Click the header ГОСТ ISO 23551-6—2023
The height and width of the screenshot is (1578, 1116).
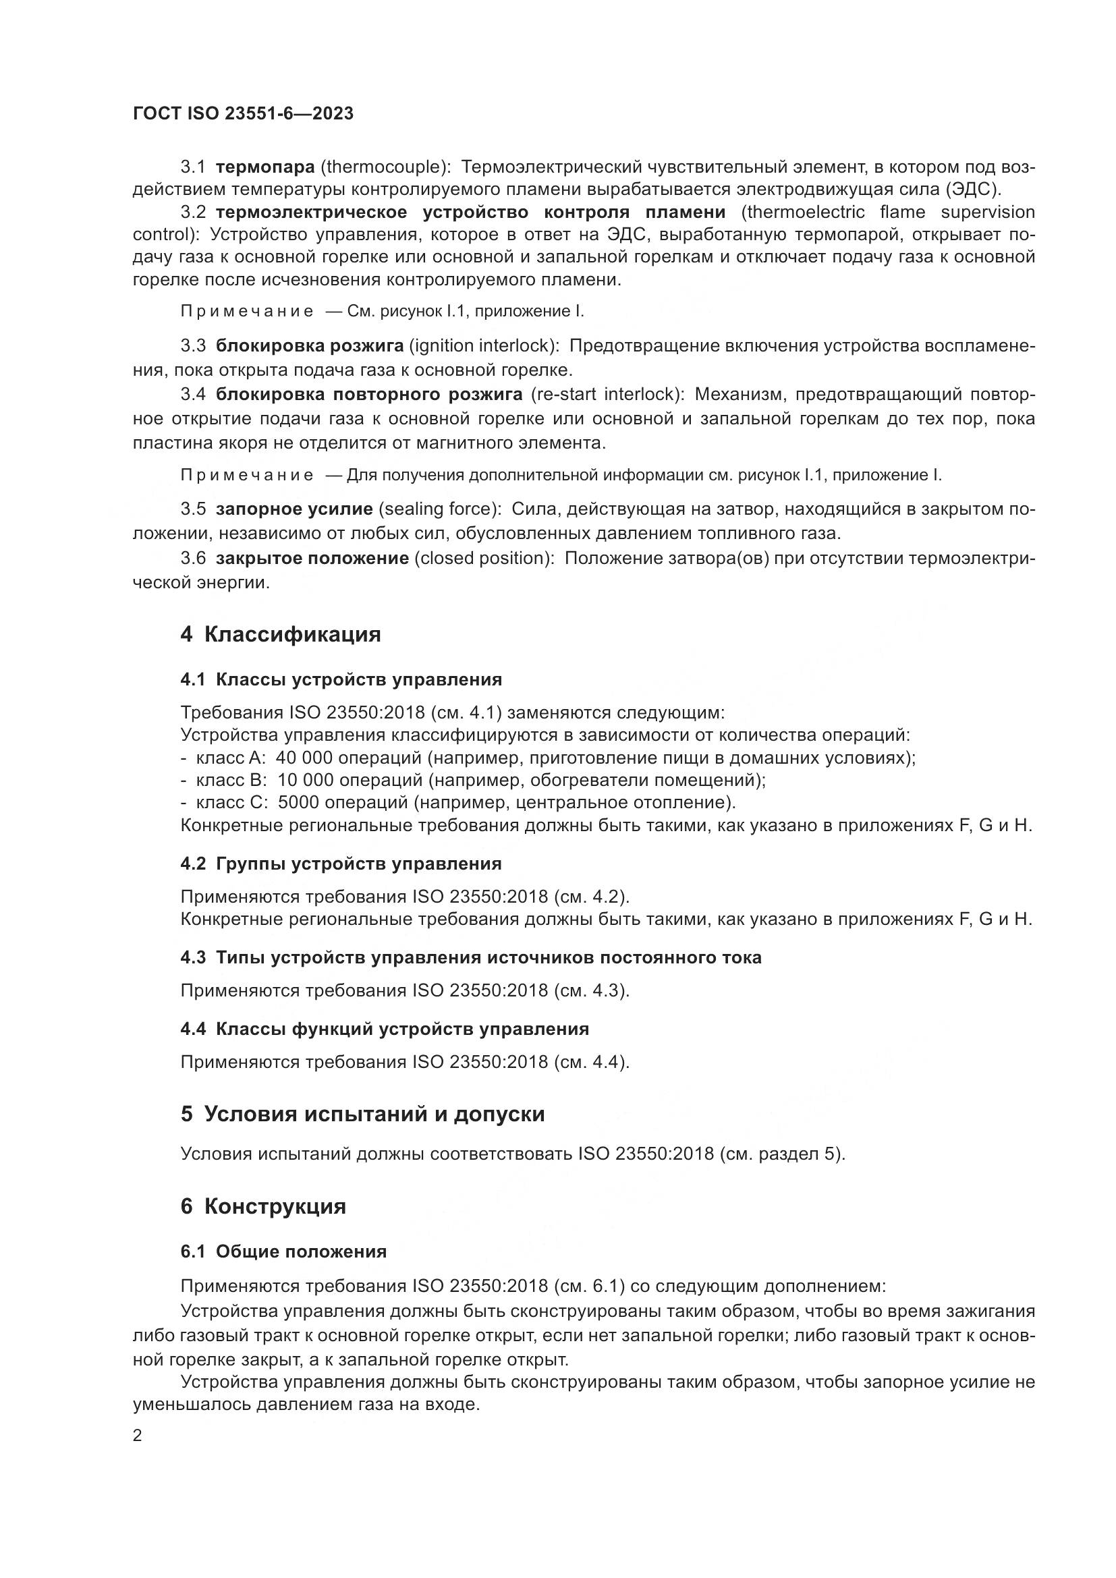243,113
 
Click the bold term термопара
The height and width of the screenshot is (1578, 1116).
264,167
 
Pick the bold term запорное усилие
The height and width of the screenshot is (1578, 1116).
294,509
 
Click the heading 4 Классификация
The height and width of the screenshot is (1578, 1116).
281,633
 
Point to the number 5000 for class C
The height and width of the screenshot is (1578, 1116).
298,802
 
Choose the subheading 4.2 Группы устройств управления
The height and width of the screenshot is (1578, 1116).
341,864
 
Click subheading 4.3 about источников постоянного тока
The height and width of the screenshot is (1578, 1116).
471,957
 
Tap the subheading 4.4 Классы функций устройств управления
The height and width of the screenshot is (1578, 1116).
385,1029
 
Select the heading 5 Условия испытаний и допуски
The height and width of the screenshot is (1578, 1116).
362,1114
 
